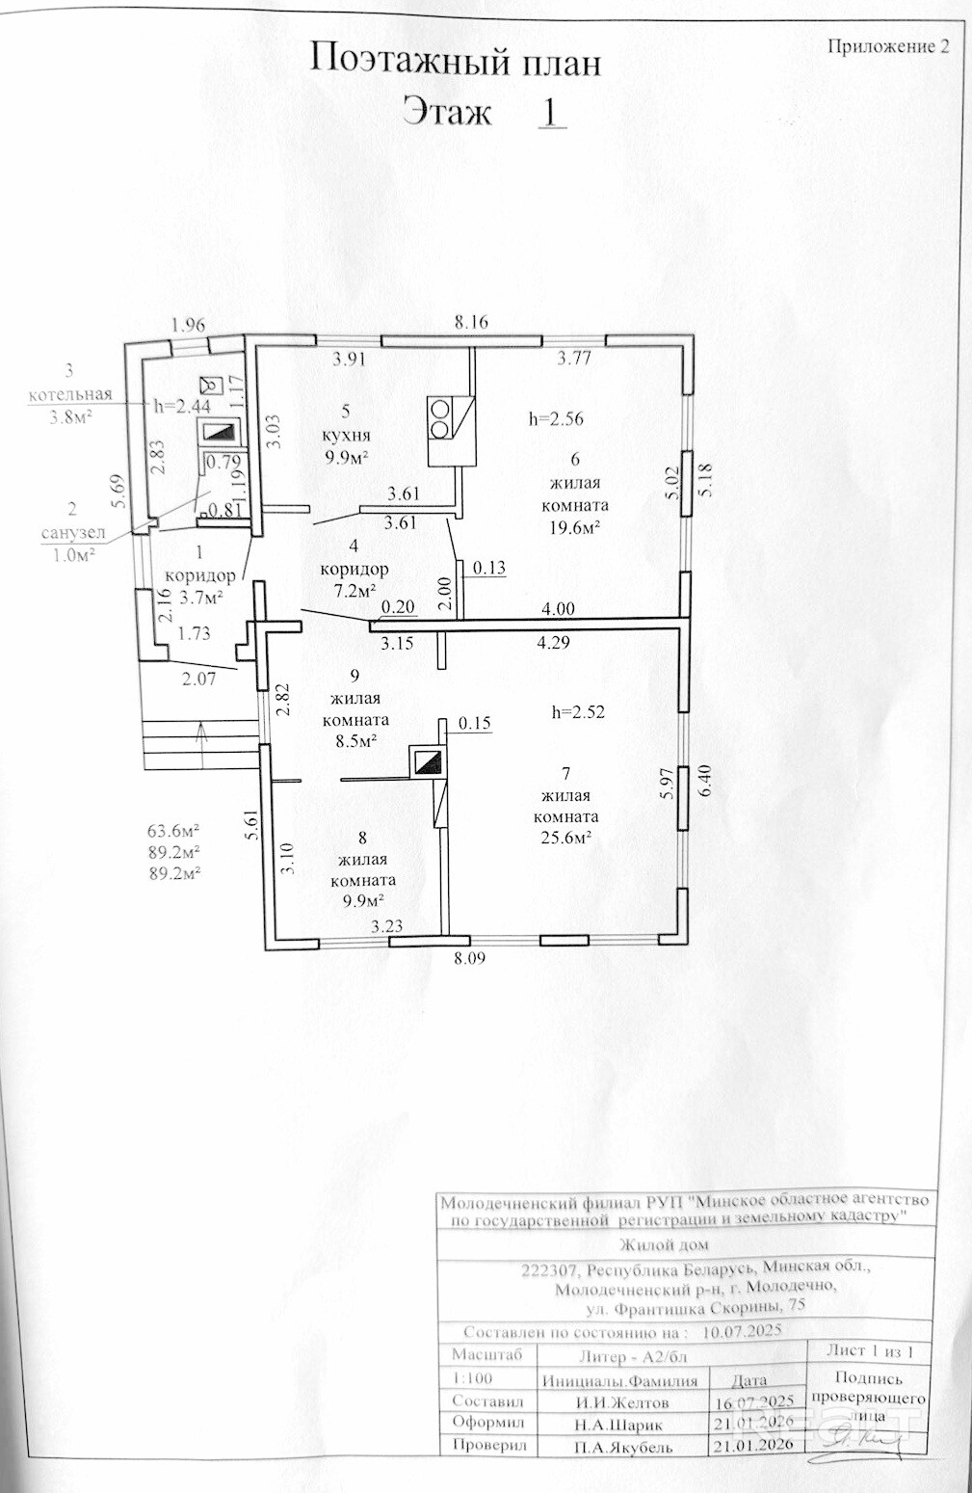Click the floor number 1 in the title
(x=550, y=111)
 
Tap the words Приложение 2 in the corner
(x=888, y=46)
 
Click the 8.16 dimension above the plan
(x=471, y=323)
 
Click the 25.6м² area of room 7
(x=567, y=839)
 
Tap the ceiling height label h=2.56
(x=556, y=418)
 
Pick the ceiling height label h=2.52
(x=578, y=712)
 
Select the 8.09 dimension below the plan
(x=470, y=959)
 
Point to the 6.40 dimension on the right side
(x=705, y=782)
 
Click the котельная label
(x=70, y=394)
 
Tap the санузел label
(x=73, y=533)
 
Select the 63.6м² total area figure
(x=173, y=831)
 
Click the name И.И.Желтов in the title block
(x=622, y=1402)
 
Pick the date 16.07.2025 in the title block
(x=753, y=1402)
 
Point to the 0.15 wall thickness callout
(x=474, y=723)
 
